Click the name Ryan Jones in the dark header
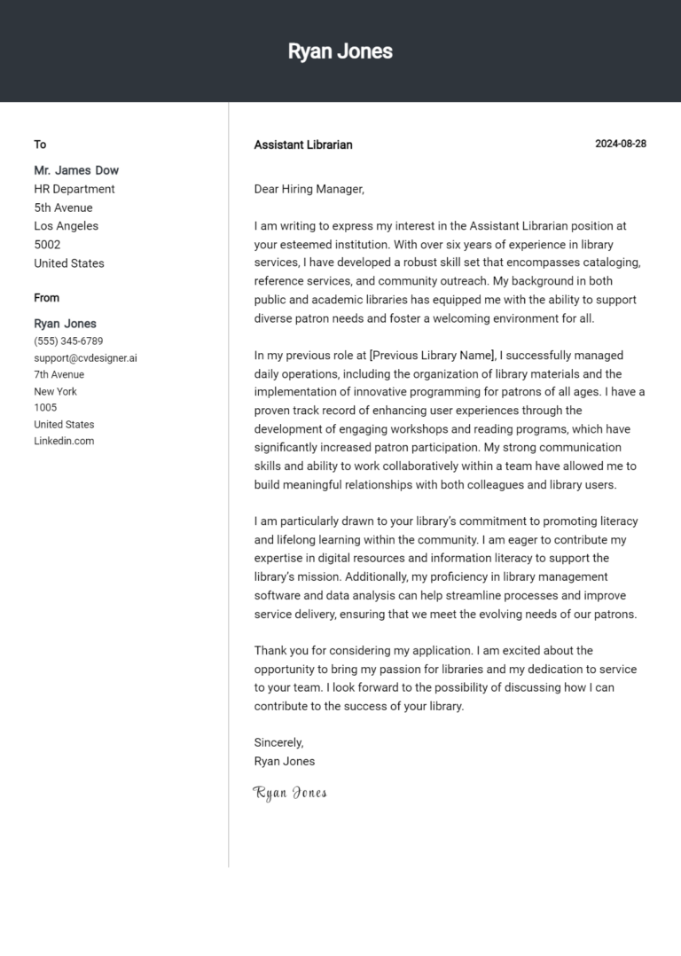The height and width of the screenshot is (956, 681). click(340, 51)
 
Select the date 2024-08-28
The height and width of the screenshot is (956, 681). click(620, 144)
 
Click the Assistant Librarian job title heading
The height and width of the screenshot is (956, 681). click(302, 145)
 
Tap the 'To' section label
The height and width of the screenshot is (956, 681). click(40, 145)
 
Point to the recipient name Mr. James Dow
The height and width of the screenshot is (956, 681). click(76, 170)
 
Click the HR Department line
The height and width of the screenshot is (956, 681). click(74, 189)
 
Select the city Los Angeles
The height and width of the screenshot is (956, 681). click(67, 226)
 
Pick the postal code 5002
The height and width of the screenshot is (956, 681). click(47, 245)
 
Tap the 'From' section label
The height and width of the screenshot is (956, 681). click(47, 298)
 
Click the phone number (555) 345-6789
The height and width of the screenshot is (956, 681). click(68, 341)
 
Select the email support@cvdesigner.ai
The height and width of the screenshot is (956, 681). click(85, 358)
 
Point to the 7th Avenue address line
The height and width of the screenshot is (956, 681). click(59, 375)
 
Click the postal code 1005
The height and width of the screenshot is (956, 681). click(45, 408)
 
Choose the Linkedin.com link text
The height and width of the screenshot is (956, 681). click(64, 441)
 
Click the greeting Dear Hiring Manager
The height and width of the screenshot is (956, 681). click(309, 189)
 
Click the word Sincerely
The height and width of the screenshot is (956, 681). click(278, 742)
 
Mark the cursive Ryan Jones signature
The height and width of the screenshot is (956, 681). click(290, 793)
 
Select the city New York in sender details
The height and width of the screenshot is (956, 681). click(55, 391)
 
